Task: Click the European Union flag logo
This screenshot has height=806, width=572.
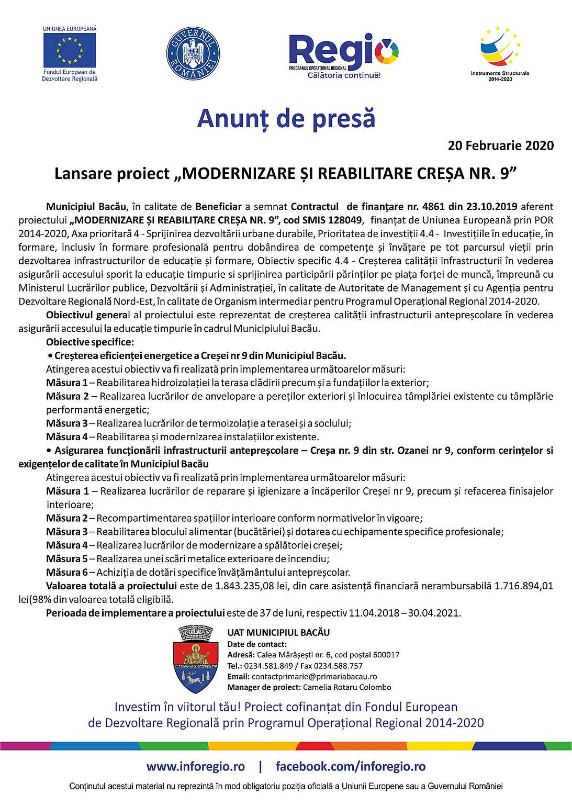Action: pos(70,50)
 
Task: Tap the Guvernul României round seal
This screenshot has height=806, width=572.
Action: pos(193,54)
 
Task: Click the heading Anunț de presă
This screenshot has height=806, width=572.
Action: pos(286,118)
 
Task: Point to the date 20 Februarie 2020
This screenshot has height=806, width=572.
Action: pos(500,145)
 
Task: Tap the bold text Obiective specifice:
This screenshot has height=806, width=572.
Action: pos(90,342)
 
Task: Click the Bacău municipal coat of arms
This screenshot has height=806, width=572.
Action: pos(195,659)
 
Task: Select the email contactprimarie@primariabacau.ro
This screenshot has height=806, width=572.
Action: pos(314,676)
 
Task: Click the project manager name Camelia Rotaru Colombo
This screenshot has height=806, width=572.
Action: pos(347,687)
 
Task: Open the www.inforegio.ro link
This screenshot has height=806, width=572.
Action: pos(196,767)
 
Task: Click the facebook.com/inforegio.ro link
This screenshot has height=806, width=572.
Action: pos(351,767)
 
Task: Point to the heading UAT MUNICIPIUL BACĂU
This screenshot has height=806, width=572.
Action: pos(278,633)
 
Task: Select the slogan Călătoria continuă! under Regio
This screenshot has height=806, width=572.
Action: pos(344,75)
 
